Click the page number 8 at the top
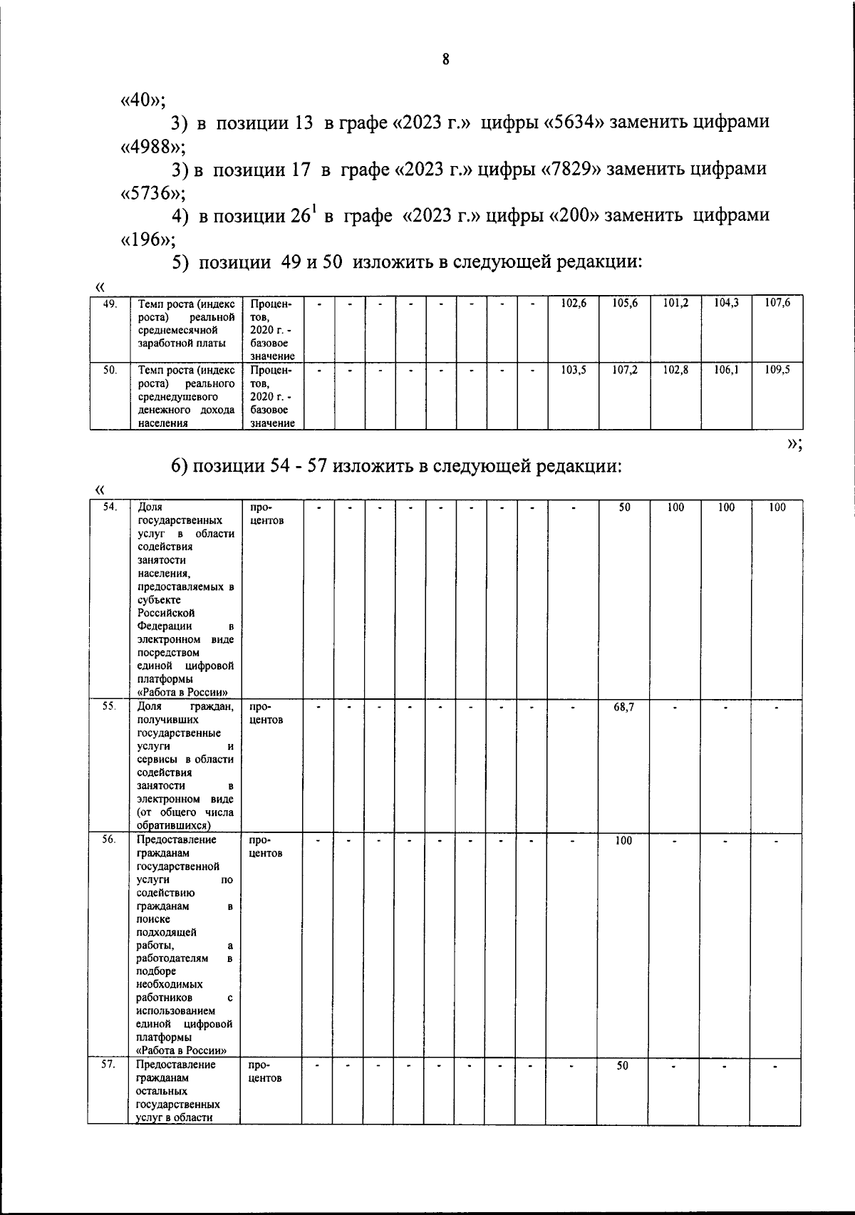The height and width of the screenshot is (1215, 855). coord(445,60)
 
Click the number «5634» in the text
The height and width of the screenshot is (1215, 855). coord(575,122)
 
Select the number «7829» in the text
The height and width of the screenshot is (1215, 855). coord(573,170)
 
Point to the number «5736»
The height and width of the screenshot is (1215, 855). coord(150,193)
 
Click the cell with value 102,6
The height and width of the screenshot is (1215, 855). coord(573,303)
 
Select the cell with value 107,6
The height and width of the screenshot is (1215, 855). coord(777,303)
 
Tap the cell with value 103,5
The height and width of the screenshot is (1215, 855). coord(573,370)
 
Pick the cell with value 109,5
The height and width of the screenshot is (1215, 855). coord(777,370)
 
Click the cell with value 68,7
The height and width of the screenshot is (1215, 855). coord(623,707)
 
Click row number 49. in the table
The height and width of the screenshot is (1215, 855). coord(110,303)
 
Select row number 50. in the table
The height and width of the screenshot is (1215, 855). coord(110,370)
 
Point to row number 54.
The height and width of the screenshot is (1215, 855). coord(110,507)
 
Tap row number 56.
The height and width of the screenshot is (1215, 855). coord(109,839)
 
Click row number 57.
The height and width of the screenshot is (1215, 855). coord(109,1064)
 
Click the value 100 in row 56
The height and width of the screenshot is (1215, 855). coord(623,841)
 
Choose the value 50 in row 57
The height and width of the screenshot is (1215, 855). coord(623,1066)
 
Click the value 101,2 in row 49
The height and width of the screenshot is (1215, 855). coord(675,303)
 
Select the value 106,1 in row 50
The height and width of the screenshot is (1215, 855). coord(726,370)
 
